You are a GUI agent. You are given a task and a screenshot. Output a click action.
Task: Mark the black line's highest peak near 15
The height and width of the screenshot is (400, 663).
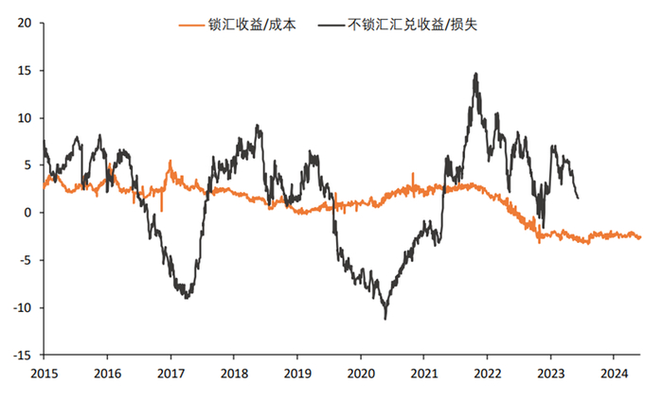tap(475, 74)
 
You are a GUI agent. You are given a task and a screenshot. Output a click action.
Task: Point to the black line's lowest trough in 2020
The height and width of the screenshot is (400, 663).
tap(385, 318)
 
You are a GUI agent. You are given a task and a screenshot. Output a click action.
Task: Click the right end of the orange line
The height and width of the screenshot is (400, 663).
tap(639, 237)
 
